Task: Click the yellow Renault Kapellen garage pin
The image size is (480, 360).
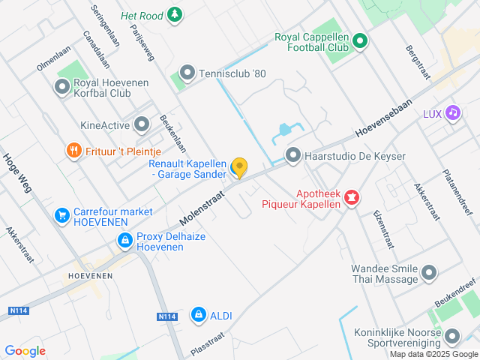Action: pos(238,167)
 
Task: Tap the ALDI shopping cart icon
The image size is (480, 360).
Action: pos(198,315)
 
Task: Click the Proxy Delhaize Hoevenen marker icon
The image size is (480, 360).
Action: pos(125,241)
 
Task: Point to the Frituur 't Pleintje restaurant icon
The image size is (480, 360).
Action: pos(73,151)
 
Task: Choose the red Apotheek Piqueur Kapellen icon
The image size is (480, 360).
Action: pos(351,198)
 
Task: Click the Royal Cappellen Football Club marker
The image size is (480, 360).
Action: pos(359,41)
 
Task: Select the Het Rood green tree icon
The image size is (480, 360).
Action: pos(174,14)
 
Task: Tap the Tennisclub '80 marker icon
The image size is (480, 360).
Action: pos(187,73)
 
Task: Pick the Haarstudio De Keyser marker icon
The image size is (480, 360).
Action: pos(293,156)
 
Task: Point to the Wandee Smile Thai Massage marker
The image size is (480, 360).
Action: pos(429,273)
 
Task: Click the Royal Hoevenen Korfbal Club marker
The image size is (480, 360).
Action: pos(62,88)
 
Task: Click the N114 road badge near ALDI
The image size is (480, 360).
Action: pos(166,317)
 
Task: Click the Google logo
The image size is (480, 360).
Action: pos(25,351)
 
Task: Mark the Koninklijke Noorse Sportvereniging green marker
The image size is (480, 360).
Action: pos(452,336)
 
